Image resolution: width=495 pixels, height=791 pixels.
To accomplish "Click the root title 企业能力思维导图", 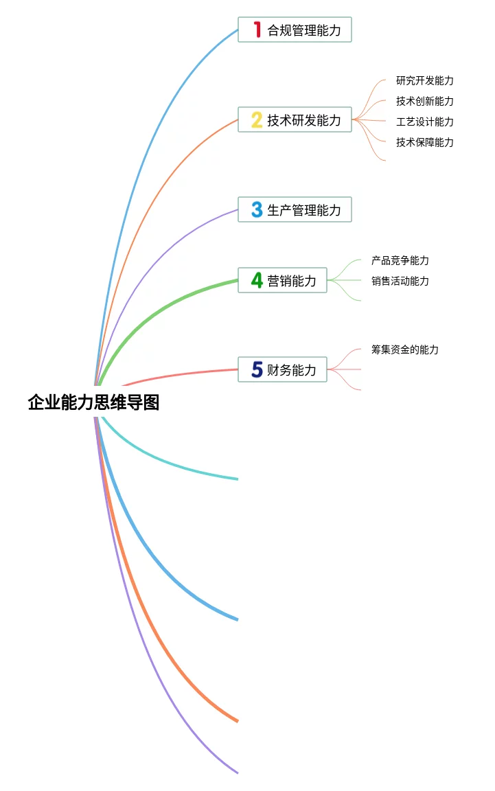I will [x=93, y=402].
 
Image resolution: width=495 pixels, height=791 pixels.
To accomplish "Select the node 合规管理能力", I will [x=303, y=30].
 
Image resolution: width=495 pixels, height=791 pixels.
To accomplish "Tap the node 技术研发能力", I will [x=303, y=120].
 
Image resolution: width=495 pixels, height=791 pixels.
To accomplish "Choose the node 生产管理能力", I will [x=303, y=209].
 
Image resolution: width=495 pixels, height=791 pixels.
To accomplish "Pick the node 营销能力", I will [x=292, y=280].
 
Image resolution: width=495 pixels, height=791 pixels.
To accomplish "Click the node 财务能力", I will [x=292, y=369].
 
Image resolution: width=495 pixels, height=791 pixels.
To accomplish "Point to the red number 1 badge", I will [x=257, y=30].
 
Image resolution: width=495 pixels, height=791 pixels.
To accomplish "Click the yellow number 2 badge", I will [x=257, y=120].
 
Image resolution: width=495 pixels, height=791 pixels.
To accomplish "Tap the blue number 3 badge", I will [x=257, y=209].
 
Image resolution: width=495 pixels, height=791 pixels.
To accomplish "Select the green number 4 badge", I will [x=257, y=280].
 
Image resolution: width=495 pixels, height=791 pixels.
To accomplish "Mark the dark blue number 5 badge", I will [x=257, y=369].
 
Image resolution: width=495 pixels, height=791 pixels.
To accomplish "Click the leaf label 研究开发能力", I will [x=424, y=80].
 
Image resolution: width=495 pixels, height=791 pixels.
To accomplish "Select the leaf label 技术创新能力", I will [x=424, y=101].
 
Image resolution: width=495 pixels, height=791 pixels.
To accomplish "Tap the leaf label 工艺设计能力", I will [x=424, y=122].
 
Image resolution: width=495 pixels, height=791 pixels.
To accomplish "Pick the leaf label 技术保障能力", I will [x=424, y=142].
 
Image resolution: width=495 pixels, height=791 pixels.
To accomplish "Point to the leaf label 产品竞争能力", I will [x=400, y=260].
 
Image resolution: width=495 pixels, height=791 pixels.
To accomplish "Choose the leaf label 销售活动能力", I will [x=400, y=281].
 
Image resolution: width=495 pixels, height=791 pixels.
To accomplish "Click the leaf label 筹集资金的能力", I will [x=404, y=349].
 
